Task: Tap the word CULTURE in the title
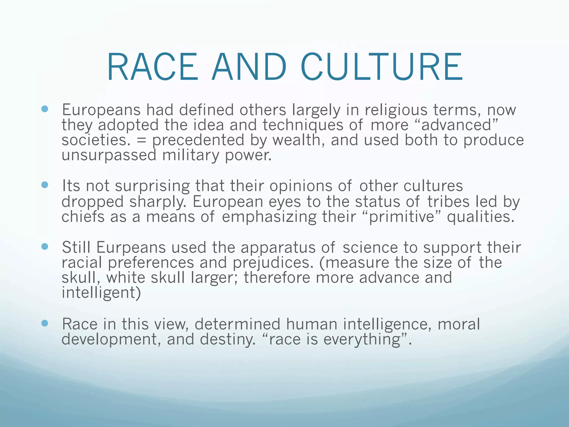pos(381,68)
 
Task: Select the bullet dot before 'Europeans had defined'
pos(44,109)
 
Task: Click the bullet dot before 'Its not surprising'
pos(44,185)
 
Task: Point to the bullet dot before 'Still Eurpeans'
pos(44,247)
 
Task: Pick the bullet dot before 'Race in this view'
pos(44,323)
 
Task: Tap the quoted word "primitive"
pos(402,217)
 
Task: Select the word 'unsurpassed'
pos(109,155)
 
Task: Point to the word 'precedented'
pos(198,140)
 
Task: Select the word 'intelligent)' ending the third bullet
pos(101,293)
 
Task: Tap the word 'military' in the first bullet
pos(191,155)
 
